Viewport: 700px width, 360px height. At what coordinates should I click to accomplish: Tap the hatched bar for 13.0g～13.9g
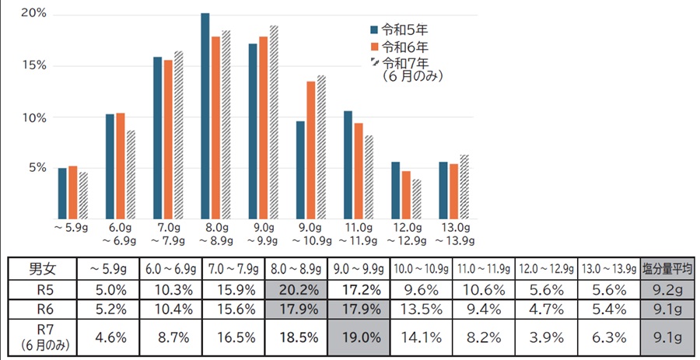(x=464, y=186)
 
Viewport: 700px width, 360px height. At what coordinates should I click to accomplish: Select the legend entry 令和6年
(x=404, y=47)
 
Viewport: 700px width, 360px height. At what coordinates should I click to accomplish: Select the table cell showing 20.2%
(x=296, y=291)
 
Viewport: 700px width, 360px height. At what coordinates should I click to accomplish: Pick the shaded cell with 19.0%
(x=361, y=338)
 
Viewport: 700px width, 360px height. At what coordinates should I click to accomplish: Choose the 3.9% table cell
(x=547, y=338)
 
